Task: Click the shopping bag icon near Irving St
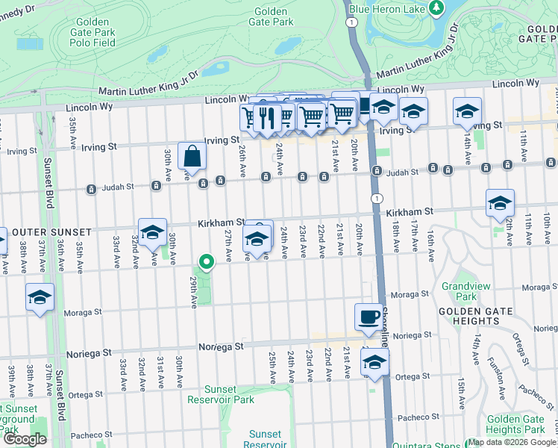(192, 156)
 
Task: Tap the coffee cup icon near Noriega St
(366, 316)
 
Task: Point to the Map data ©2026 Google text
(512, 442)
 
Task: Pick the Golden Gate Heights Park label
(515, 424)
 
